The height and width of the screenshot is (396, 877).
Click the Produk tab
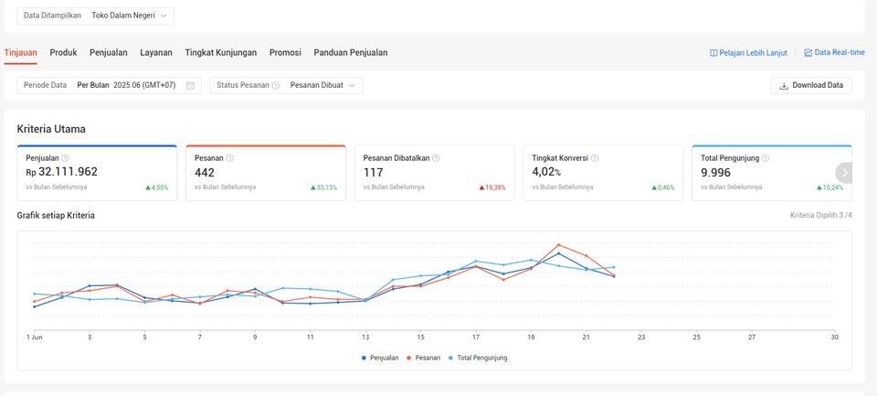coord(63,53)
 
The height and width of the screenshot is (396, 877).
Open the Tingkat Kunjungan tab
coord(221,53)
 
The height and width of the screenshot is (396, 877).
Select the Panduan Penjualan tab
coord(351,53)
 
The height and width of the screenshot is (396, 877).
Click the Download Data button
coord(811,86)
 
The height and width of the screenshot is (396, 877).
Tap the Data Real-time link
coord(834,53)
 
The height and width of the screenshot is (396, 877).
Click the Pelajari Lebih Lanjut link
coord(748,53)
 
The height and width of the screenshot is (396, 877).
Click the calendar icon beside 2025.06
coord(190,86)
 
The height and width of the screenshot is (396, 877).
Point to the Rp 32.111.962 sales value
coord(61,172)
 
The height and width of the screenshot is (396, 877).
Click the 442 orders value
coord(205,173)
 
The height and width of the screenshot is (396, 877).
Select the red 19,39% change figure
coord(492,187)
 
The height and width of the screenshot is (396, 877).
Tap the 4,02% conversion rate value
coord(546,173)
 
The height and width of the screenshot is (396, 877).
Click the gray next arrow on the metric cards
coord(845,173)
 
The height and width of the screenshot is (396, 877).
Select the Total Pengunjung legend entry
coord(478,358)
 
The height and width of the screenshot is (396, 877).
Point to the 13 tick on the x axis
coord(365,337)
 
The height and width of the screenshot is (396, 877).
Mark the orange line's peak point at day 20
coord(558,245)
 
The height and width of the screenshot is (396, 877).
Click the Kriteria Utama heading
coord(51,129)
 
